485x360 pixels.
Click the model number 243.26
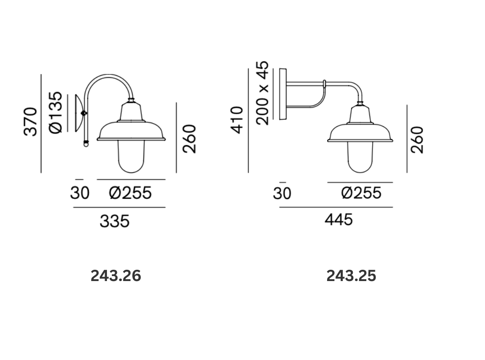(115, 276)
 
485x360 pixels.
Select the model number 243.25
(351, 276)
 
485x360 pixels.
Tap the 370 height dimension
(30, 121)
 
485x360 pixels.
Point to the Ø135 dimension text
(55, 112)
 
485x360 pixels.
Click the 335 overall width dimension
(115, 222)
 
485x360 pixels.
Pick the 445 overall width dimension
(338, 220)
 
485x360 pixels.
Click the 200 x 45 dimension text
(263, 93)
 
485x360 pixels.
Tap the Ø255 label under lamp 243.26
(130, 193)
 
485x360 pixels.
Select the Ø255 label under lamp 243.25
(361, 193)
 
